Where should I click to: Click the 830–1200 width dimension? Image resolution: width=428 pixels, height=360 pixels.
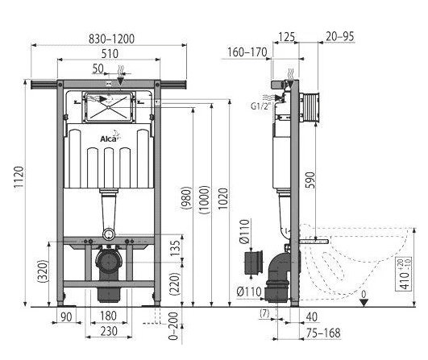point(111,39)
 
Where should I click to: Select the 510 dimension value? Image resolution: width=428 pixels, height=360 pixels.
point(110,54)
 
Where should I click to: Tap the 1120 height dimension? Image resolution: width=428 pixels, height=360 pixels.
point(19,177)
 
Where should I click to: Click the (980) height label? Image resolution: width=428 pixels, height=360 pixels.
point(187,198)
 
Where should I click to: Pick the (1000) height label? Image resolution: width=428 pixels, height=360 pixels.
point(205,200)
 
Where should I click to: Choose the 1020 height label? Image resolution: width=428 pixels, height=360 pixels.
point(222,199)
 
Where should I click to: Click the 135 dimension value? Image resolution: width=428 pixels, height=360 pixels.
point(175,248)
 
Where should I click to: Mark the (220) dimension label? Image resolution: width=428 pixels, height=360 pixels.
point(175,283)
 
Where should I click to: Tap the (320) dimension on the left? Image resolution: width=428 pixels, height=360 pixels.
point(43,271)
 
